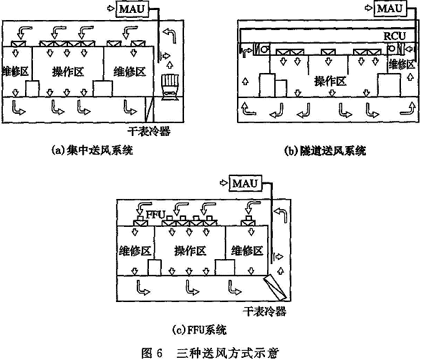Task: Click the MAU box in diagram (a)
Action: (x=132, y=9)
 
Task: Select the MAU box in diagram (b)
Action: (x=390, y=9)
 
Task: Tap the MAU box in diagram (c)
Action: (x=245, y=183)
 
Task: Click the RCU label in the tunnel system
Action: (x=394, y=36)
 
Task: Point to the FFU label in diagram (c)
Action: (x=155, y=215)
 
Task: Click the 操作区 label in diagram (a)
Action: (x=68, y=72)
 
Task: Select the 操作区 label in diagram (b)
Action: (x=330, y=81)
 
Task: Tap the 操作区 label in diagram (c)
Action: (x=190, y=250)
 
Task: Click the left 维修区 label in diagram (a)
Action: (x=15, y=72)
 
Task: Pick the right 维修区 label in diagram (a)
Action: (x=130, y=72)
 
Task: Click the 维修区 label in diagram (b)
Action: (x=402, y=64)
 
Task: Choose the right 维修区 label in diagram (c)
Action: (x=247, y=250)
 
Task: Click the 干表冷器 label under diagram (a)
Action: (x=149, y=131)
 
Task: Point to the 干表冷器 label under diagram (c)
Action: (x=264, y=311)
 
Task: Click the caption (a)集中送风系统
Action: (x=92, y=150)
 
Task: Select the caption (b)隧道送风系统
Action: (x=325, y=150)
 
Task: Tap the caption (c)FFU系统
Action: (x=199, y=329)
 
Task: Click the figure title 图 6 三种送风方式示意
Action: (x=210, y=352)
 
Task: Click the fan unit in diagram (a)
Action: (x=170, y=87)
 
